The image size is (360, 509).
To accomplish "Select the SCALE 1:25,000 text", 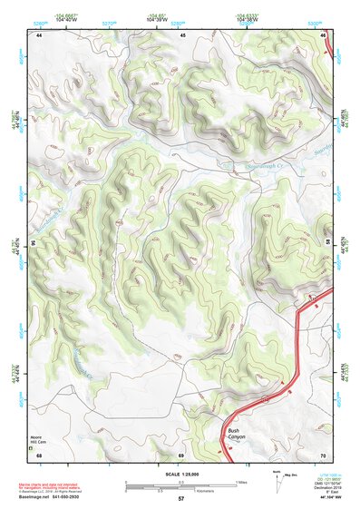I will click(x=180, y=471).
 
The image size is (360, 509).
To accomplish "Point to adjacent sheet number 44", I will click(x=39, y=35).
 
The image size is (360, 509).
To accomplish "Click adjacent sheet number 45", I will click(x=182, y=35).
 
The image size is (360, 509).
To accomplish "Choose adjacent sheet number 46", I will click(x=324, y=35).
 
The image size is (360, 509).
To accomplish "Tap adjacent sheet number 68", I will click(x=39, y=454).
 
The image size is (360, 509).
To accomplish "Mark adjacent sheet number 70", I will click(x=324, y=454).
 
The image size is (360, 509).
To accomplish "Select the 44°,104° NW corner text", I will click(x=325, y=498).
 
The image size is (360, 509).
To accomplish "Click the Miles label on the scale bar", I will click(x=241, y=481).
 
